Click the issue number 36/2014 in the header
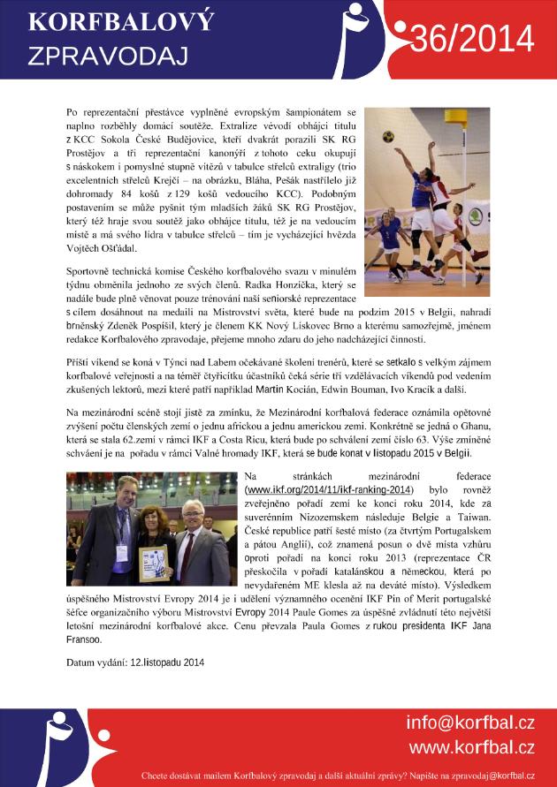tap(473, 40)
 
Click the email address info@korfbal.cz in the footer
tap(470, 723)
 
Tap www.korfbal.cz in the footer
tap(470, 747)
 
